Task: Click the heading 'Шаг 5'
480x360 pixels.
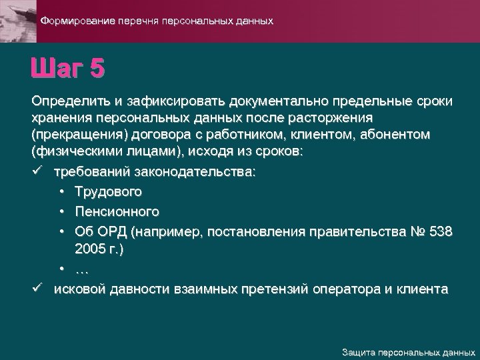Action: pos(67,69)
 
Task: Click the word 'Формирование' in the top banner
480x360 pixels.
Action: pos(77,21)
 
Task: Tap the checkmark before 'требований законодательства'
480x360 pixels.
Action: pos(37,172)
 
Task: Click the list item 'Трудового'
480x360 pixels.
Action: pos(109,192)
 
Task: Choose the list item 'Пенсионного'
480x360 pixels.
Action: pos(117,212)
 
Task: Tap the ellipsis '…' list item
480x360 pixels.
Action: pos(83,269)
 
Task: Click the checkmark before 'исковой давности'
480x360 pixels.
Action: pos(37,289)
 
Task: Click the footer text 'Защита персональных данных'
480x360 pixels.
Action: pos(408,351)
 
